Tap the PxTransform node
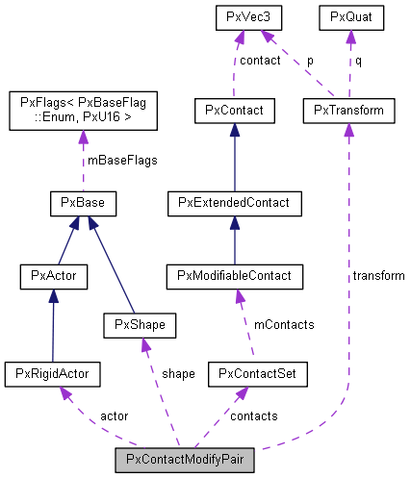[x=348, y=111]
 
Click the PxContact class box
[x=234, y=111]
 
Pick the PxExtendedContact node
[x=235, y=203]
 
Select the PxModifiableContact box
[x=235, y=277]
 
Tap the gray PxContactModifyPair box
[x=185, y=460]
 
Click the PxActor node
[x=53, y=277]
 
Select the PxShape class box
[x=135, y=325]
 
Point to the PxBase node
[x=83, y=203]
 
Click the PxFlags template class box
[x=83, y=111]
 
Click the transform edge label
[x=378, y=275]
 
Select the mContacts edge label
[x=284, y=324]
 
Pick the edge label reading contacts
[x=255, y=415]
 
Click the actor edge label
[x=114, y=415]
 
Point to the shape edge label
[x=178, y=372]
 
